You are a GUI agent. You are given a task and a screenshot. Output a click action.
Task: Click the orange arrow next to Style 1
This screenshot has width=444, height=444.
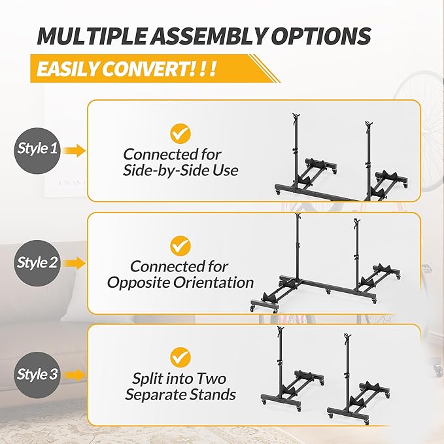[77, 150]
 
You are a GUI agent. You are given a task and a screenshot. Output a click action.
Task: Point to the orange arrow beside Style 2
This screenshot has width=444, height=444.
[77, 264]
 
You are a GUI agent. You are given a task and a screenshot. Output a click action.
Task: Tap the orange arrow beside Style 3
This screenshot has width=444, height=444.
[77, 376]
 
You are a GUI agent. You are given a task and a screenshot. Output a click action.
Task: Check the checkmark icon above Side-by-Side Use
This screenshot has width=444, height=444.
[180, 133]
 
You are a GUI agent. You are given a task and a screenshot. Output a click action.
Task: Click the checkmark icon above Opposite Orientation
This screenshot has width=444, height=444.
[180, 245]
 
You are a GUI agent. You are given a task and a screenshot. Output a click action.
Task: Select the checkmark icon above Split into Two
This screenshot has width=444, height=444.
[180, 357]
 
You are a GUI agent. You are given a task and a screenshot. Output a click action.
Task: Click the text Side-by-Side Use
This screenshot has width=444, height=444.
[181, 171]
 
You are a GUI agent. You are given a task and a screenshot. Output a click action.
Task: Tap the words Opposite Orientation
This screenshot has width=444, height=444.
[180, 283]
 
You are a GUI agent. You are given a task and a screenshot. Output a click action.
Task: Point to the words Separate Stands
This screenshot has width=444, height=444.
[180, 395]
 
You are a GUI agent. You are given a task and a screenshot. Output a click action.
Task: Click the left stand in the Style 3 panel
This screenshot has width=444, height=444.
[290, 379]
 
